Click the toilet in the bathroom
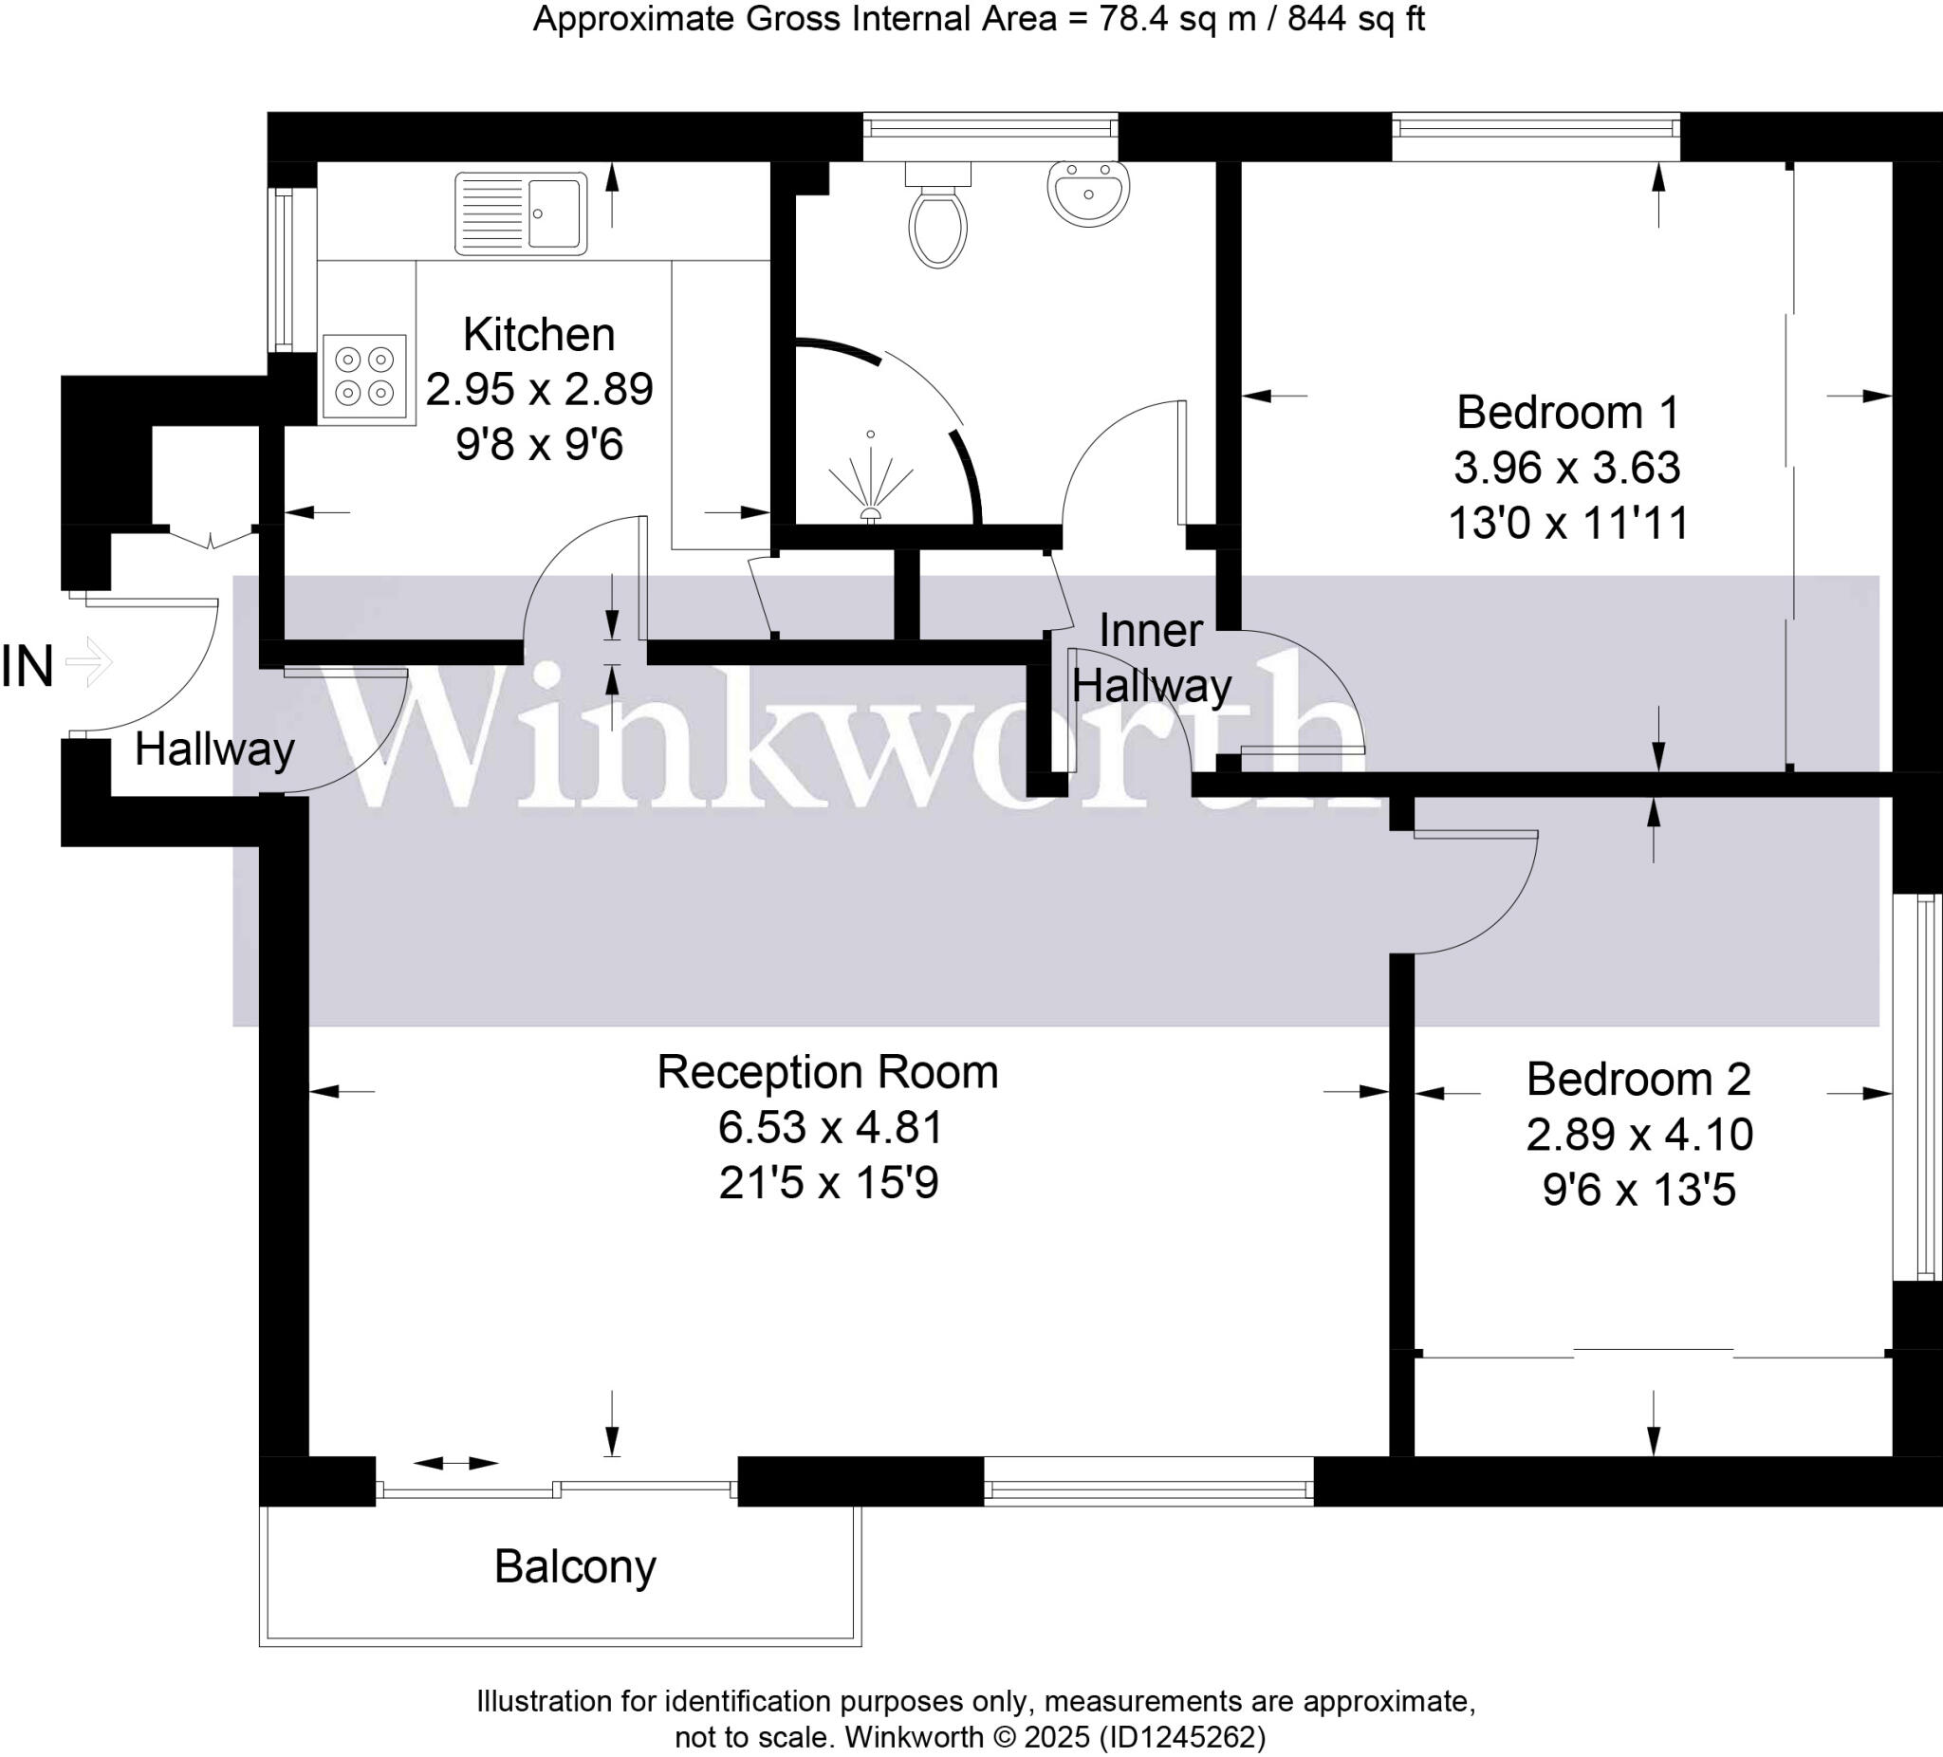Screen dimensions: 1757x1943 click(x=936, y=221)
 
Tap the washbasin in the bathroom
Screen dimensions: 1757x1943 click(x=1088, y=194)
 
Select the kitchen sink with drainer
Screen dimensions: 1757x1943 click(x=521, y=213)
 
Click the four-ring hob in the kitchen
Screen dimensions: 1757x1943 click(x=364, y=376)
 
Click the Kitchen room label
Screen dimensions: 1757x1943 click(x=539, y=335)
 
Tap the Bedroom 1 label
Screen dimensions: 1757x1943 click(x=1568, y=413)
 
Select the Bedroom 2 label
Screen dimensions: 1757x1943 click(x=1638, y=1079)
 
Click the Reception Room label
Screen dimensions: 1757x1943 click(x=828, y=1072)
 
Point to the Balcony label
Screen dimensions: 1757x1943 click(x=575, y=1567)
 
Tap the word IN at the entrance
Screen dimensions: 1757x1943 click(x=27, y=667)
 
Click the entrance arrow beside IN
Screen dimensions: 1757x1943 click(x=89, y=662)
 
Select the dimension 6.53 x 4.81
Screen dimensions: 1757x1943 click(x=830, y=1127)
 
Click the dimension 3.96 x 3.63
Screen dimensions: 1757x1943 click(x=1567, y=468)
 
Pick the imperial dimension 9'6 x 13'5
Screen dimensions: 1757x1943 click(x=1638, y=1190)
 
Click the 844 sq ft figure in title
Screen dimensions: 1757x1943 click(x=1356, y=19)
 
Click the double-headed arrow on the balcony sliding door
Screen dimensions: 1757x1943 click(x=456, y=1463)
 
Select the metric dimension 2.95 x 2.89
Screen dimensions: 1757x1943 click(x=540, y=389)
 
